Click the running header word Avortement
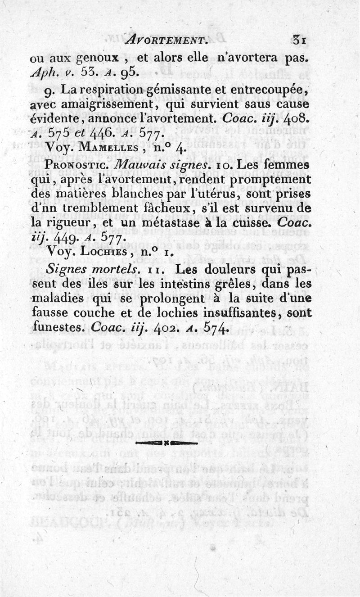[165, 40]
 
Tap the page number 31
[299, 40]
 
